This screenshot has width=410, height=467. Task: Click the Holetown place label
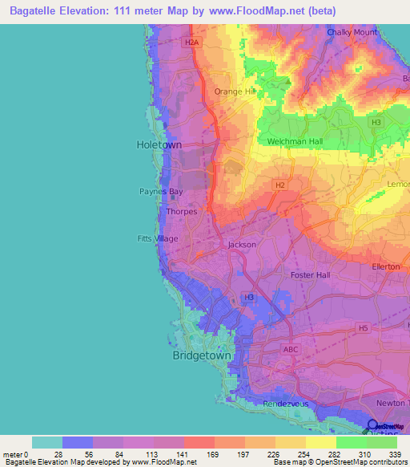159,144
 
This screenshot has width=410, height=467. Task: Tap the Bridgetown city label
202,355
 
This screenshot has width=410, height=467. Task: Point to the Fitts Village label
157,238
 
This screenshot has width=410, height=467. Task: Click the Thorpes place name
181,212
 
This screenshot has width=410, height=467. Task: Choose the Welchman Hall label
293,142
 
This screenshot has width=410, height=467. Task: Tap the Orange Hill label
233,91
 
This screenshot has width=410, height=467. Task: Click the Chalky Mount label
352,33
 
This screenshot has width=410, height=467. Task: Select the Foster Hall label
310,275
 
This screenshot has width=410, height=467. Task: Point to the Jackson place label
242,245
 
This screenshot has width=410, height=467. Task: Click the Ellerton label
386,266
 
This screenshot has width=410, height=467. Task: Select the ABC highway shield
291,349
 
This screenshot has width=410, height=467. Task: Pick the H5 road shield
364,327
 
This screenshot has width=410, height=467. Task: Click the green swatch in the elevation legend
351,442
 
